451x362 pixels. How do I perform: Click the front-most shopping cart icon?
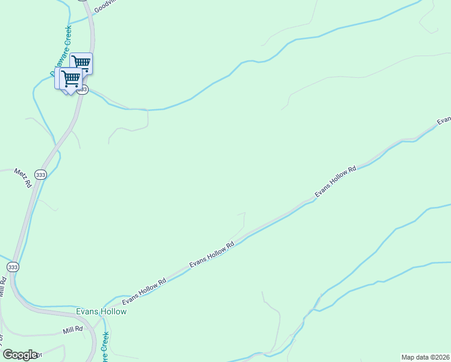pyautogui.click(x=70, y=78)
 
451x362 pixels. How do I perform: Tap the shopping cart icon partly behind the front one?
pyautogui.click(x=81, y=63)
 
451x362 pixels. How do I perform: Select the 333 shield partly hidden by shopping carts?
pyautogui.click(x=83, y=89)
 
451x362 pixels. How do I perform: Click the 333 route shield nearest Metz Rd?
pyautogui.click(x=40, y=175)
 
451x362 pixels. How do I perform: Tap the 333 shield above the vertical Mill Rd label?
pyautogui.click(x=13, y=266)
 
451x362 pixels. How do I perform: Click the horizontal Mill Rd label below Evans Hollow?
pyautogui.click(x=72, y=331)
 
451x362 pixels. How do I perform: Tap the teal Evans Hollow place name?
pyautogui.click(x=101, y=312)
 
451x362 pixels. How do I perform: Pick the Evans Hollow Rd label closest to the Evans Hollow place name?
pyautogui.click(x=144, y=291)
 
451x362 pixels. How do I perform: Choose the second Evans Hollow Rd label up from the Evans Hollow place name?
pyautogui.click(x=212, y=255)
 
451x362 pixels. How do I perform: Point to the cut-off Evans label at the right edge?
pyautogui.click(x=444, y=120)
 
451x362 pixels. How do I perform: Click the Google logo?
pyautogui.click(x=20, y=355)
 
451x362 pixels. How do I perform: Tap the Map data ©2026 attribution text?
pyautogui.click(x=426, y=357)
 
